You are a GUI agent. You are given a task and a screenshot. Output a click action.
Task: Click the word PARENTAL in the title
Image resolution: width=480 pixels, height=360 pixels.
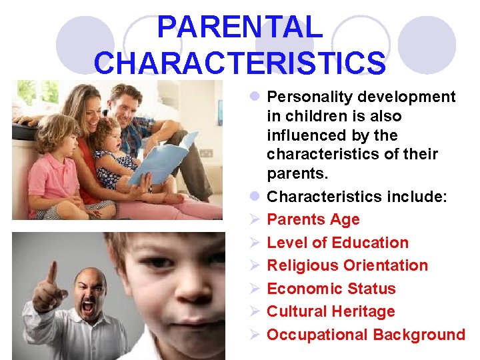pos(239,28)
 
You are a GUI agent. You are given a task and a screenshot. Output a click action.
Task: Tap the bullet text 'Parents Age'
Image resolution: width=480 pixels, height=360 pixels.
pos(313,219)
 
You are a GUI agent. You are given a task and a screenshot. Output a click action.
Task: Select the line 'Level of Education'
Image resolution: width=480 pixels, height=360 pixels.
pos(337,243)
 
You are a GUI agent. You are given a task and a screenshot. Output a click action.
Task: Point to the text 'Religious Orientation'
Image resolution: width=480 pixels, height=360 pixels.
pos(347,265)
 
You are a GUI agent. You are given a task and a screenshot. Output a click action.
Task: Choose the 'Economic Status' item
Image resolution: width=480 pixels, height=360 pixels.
pos(331,289)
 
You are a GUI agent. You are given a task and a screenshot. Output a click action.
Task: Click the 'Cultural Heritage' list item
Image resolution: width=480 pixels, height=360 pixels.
pos(331,311)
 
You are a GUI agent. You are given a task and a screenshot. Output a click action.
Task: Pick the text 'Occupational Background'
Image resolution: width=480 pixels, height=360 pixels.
pos(365,335)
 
